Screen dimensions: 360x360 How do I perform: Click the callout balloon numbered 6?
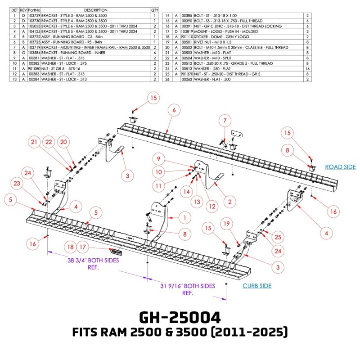(174, 109)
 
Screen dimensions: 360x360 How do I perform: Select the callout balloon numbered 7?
(225, 120)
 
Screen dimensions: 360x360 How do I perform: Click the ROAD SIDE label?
(340, 167)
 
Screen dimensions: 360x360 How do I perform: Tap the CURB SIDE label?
(257, 286)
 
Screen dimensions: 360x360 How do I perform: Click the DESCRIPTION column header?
(95, 10)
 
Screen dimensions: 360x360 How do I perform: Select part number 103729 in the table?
(34, 15)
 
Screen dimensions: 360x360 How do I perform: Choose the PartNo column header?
(34, 10)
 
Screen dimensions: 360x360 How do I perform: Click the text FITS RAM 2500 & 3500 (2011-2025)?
(180, 333)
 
